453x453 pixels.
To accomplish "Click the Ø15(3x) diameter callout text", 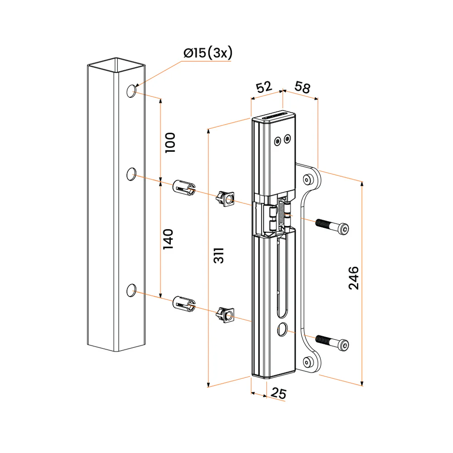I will point(208,53).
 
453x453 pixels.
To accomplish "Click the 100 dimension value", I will point(170,142).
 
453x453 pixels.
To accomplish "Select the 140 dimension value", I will point(168,239).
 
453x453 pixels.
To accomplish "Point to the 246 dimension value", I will point(354,278).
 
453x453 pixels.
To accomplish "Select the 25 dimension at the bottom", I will point(279,394).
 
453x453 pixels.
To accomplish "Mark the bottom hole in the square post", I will point(131,289).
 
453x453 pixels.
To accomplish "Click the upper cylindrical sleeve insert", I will point(183,187).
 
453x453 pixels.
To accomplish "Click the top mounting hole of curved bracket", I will point(308,180).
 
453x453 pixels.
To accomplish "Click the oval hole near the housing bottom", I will point(283,329).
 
